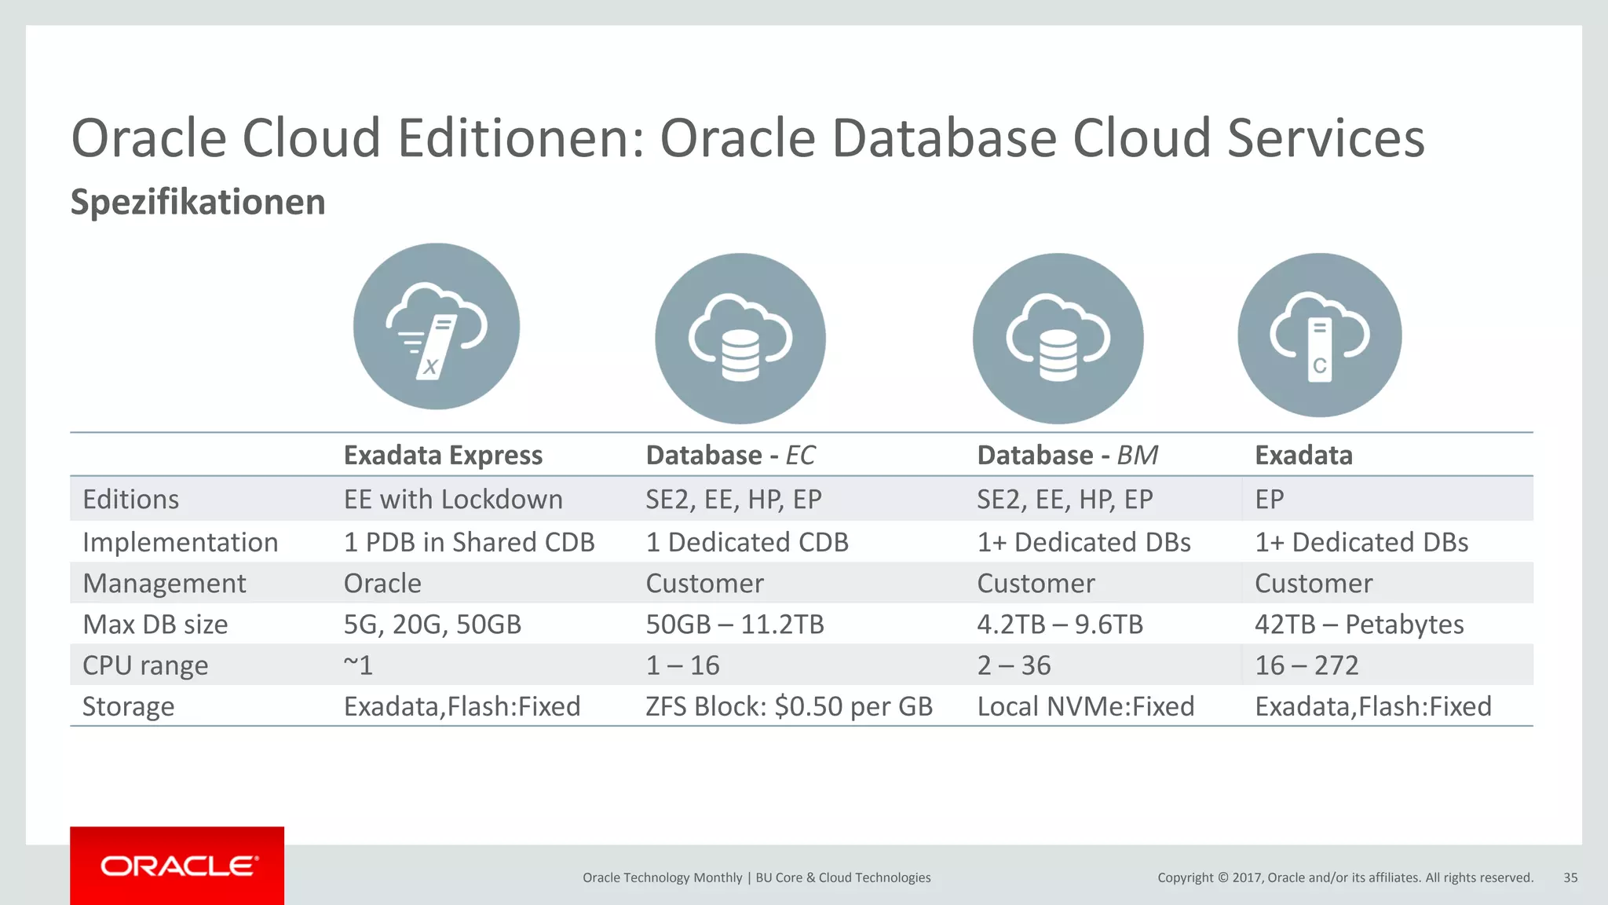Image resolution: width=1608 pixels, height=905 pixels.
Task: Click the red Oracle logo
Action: [x=177, y=866]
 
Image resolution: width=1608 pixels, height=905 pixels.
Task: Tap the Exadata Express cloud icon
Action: [x=436, y=326]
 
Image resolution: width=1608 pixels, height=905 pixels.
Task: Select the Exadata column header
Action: [x=1303, y=455]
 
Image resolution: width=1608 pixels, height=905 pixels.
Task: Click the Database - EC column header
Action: [x=730, y=455]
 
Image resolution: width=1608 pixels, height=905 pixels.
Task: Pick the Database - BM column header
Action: [x=1067, y=455]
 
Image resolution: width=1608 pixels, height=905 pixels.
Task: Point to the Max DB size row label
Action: [x=155, y=625]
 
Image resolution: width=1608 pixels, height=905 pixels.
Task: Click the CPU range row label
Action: [x=145, y=665]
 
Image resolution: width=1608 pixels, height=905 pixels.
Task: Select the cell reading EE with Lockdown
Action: [x=453, y=500]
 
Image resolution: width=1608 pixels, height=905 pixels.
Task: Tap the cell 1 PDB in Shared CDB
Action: [x=469, y=542]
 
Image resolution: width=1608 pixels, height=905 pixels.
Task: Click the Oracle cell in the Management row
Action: [x=382, y=584]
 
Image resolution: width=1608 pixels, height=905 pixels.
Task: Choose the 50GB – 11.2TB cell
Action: [x=735, y=625]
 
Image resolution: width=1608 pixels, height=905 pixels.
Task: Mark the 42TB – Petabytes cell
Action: [x=1359, y=625]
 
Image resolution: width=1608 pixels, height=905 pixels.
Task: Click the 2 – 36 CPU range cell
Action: [x=1014, y=665]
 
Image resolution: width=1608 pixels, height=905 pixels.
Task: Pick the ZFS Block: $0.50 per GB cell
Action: [x=789, y=706]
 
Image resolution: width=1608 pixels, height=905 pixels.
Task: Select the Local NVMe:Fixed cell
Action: [x=1085, y=706]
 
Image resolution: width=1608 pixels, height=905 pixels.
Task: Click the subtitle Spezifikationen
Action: [x=198, y=202]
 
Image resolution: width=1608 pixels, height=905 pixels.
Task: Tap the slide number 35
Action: [x=1570, y=878]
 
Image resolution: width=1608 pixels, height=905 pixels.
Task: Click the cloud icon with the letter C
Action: [x=1319, y=335]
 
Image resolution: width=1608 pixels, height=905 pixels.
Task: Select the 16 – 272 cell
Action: [x=1306, y=665]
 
